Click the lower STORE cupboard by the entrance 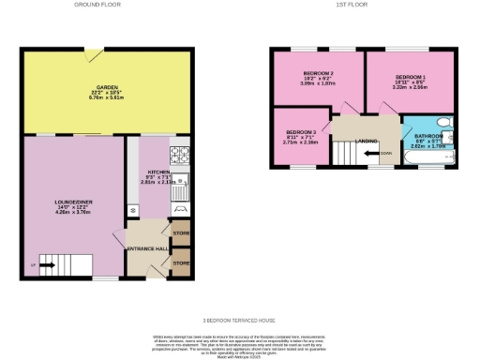point(179,263)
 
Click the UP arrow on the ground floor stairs point(42,265)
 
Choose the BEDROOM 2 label point(319,73)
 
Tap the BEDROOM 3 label point(301,133)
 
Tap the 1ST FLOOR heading point(352,5)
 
